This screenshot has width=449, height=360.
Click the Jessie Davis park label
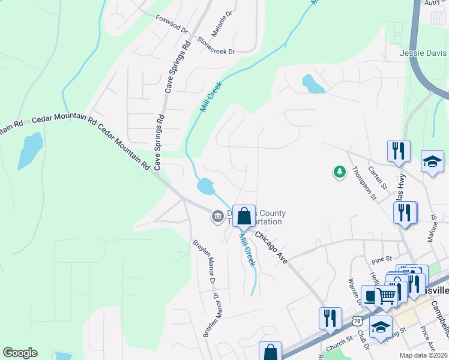(x=424, y=53)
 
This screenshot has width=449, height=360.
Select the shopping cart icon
(x=386, y=295)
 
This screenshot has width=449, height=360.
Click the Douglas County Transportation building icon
(x=217, y=217)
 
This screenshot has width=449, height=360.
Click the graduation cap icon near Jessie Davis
(x=432, y=161)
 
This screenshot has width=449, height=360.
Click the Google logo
(x=20, y=353)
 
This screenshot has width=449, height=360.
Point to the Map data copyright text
(x=423, y=355)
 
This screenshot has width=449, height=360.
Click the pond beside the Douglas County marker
(x=205, y=187)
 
